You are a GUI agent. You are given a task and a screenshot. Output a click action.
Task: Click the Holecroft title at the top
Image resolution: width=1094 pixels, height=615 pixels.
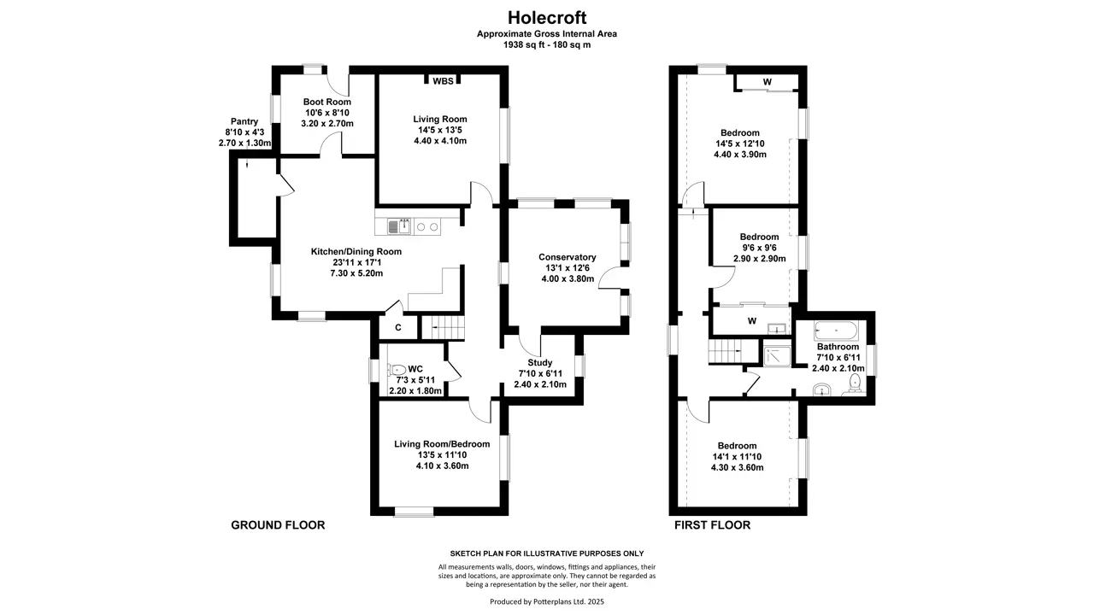(x=547, y=18)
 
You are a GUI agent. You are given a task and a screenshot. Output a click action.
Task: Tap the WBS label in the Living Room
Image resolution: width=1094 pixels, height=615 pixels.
(x=443, y=81)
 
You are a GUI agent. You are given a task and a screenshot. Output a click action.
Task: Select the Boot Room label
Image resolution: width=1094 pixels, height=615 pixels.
(x=327, y=102)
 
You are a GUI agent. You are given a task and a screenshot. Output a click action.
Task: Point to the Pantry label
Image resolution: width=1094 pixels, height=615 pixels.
(x=244, y=121)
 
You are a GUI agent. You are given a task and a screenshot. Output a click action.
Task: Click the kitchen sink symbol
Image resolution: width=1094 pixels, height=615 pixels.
(x=399, y=226)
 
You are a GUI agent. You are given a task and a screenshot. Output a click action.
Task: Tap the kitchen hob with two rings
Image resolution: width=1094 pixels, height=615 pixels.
(x=427, y=227)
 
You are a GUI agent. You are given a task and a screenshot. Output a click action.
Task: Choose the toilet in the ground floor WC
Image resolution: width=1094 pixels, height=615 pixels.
(x=397, y=370)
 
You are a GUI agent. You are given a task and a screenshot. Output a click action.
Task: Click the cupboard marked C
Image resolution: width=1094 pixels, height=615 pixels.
(x=398, y=327)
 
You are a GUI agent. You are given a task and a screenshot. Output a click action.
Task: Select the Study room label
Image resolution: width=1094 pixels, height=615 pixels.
(x=540, y=362)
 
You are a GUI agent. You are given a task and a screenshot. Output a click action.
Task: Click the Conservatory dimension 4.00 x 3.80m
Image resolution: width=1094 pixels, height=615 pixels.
(x=568, y=278)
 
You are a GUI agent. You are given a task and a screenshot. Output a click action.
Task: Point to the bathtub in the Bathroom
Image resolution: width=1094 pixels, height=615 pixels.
(x=836, y=331)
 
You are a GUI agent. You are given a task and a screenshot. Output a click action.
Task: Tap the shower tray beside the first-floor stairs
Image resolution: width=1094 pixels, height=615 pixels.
(x=777, y=356)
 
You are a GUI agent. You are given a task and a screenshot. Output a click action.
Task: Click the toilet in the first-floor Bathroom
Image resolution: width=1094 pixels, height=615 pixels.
(x=855, y=384)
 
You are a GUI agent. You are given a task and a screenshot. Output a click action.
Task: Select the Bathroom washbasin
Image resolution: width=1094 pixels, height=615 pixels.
(x=822, y=389)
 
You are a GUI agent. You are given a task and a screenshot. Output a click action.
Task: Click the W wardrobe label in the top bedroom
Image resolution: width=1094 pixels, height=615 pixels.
(x=768, y=82)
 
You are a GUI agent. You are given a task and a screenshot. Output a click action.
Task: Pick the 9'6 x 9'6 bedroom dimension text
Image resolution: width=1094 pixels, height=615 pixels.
(x=760, y=248)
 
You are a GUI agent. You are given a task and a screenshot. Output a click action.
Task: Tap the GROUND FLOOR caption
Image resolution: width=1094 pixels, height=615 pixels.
(x=278, y=525)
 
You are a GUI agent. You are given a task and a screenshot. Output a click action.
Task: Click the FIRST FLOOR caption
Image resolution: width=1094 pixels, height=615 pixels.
(x=712, y=525)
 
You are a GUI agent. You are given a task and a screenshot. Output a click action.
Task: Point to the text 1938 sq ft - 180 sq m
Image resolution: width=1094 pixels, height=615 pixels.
(x=547, y=45)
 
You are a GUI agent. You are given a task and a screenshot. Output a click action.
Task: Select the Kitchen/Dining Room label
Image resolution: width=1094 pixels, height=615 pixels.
(x=356, y=251)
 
